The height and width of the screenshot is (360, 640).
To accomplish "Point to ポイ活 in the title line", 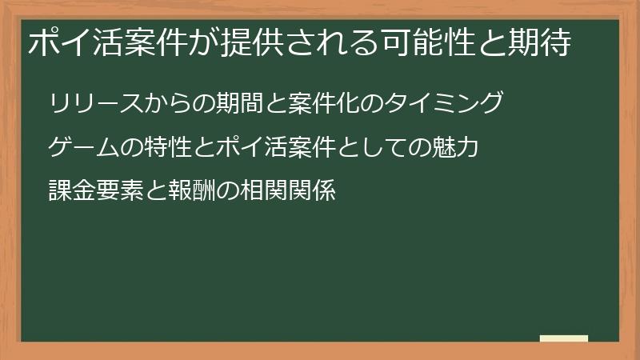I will coord(67,43).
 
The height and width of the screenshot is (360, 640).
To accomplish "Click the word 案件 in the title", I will coord(134,43).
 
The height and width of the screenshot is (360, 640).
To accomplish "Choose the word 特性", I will coord(161,148).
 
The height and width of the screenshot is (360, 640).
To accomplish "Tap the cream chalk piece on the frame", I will coord(563,339).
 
